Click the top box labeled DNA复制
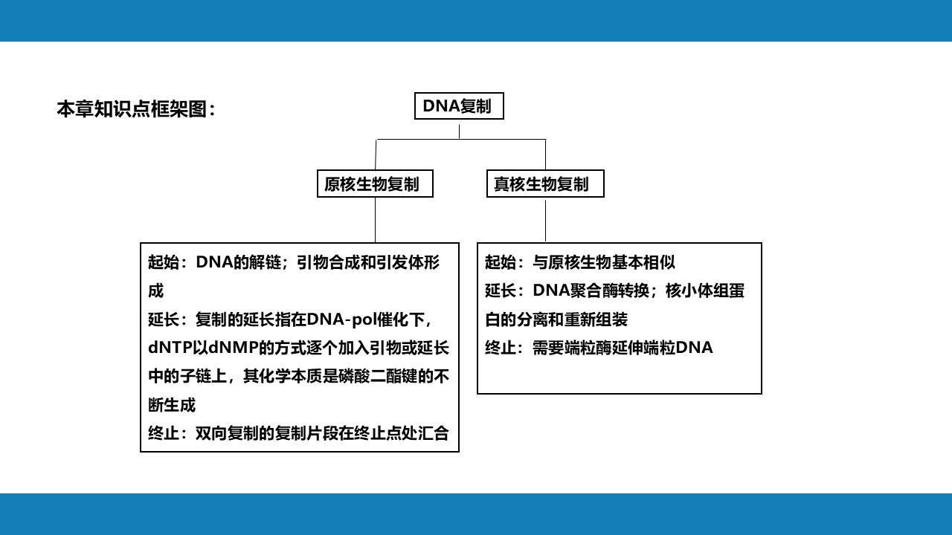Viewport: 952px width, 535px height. [459, 106]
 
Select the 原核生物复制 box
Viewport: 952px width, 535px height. [375, 184]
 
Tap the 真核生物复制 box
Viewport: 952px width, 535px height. [545, 184]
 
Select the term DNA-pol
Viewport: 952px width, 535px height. [341, 320]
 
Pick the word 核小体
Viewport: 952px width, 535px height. [689, 291]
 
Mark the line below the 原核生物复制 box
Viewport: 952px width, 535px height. [375, 220]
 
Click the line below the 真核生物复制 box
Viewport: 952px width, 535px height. [545, 220]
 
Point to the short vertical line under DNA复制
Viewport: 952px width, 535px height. [459, 132]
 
